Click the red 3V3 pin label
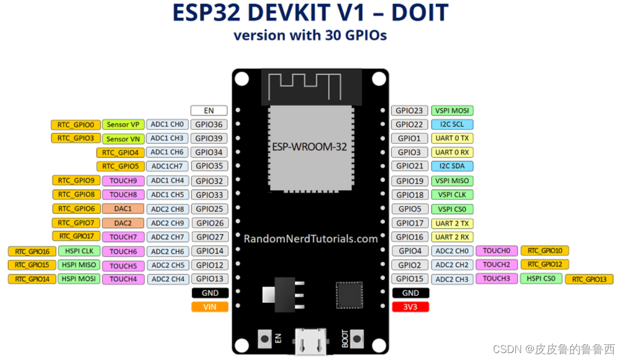410,307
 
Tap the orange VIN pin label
210,307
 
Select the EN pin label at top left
209,110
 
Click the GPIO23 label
410,110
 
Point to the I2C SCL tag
452,124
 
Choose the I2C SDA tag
452,166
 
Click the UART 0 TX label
452,138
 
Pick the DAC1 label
123,209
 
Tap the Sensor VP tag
122,124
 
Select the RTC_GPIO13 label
589,279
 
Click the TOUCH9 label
123,180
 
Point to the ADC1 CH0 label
168,124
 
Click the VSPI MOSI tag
452,110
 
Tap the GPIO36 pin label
209,124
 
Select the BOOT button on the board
357,338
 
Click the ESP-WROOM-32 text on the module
310,147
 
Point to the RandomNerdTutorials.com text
310,239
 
